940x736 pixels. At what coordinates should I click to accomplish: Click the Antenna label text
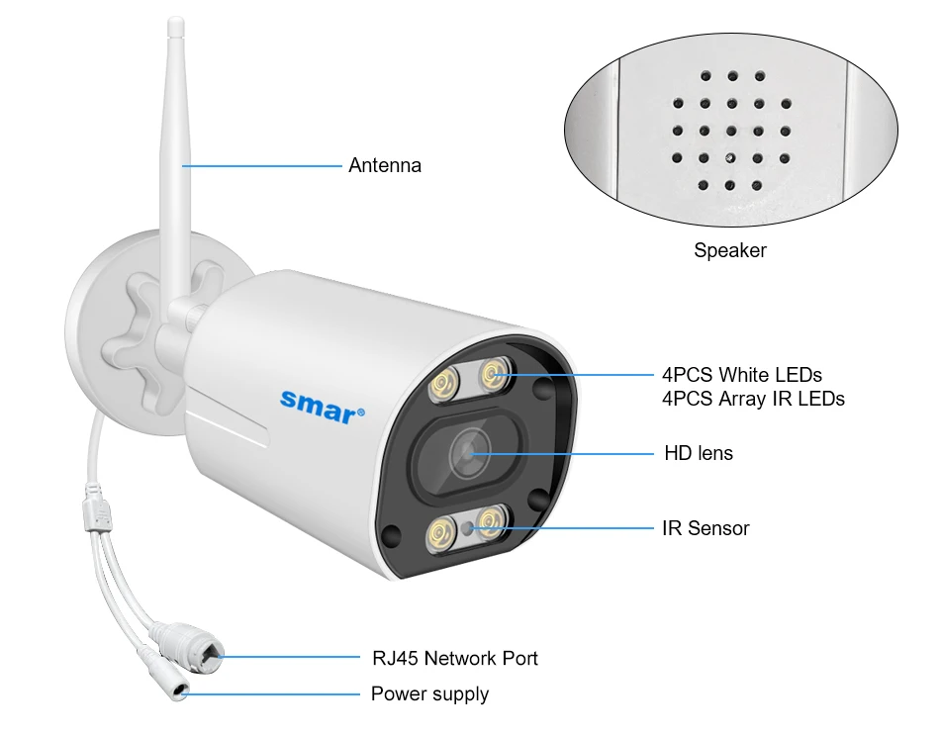click(x=384, y=165)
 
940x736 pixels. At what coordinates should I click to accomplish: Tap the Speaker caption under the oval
click(x=729, y=250)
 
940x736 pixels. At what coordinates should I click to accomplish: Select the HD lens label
click(x=698, y=453)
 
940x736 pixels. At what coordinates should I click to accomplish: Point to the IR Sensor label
click(x=705, y=528)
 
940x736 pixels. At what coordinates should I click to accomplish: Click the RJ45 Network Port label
click(x=454, y=658)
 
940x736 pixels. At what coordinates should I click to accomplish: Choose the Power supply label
click(x=429, y=693)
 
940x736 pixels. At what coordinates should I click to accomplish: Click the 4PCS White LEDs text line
click(x=741, y=375)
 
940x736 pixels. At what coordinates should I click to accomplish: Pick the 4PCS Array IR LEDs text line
click(x=753, y=399)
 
